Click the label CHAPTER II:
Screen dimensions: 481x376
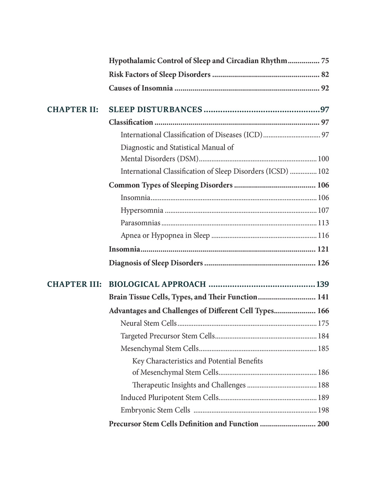point(73,110)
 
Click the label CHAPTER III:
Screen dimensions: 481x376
point(74,284)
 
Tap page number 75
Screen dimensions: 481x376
point(325,61)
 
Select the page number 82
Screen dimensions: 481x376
point(325,75)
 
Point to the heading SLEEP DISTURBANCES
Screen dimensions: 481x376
point(155,110)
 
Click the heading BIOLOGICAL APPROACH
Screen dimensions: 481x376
point(157,284)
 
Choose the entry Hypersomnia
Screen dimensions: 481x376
point(142,211)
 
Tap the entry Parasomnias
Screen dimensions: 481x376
point(140,223)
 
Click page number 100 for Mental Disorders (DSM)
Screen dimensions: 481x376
point(323,159)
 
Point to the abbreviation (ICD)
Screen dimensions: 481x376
point(253,135)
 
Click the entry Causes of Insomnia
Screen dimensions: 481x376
point(141,88)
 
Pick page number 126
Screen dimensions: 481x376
point(323,263)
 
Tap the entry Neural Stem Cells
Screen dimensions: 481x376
point(149,323)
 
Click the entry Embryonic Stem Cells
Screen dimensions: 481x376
point(155,410)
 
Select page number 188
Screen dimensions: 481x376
point(323,385)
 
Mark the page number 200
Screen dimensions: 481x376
point(323,424)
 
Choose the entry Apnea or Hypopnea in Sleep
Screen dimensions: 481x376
point(165,236)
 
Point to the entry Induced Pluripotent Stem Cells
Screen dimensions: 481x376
point(169,398)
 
